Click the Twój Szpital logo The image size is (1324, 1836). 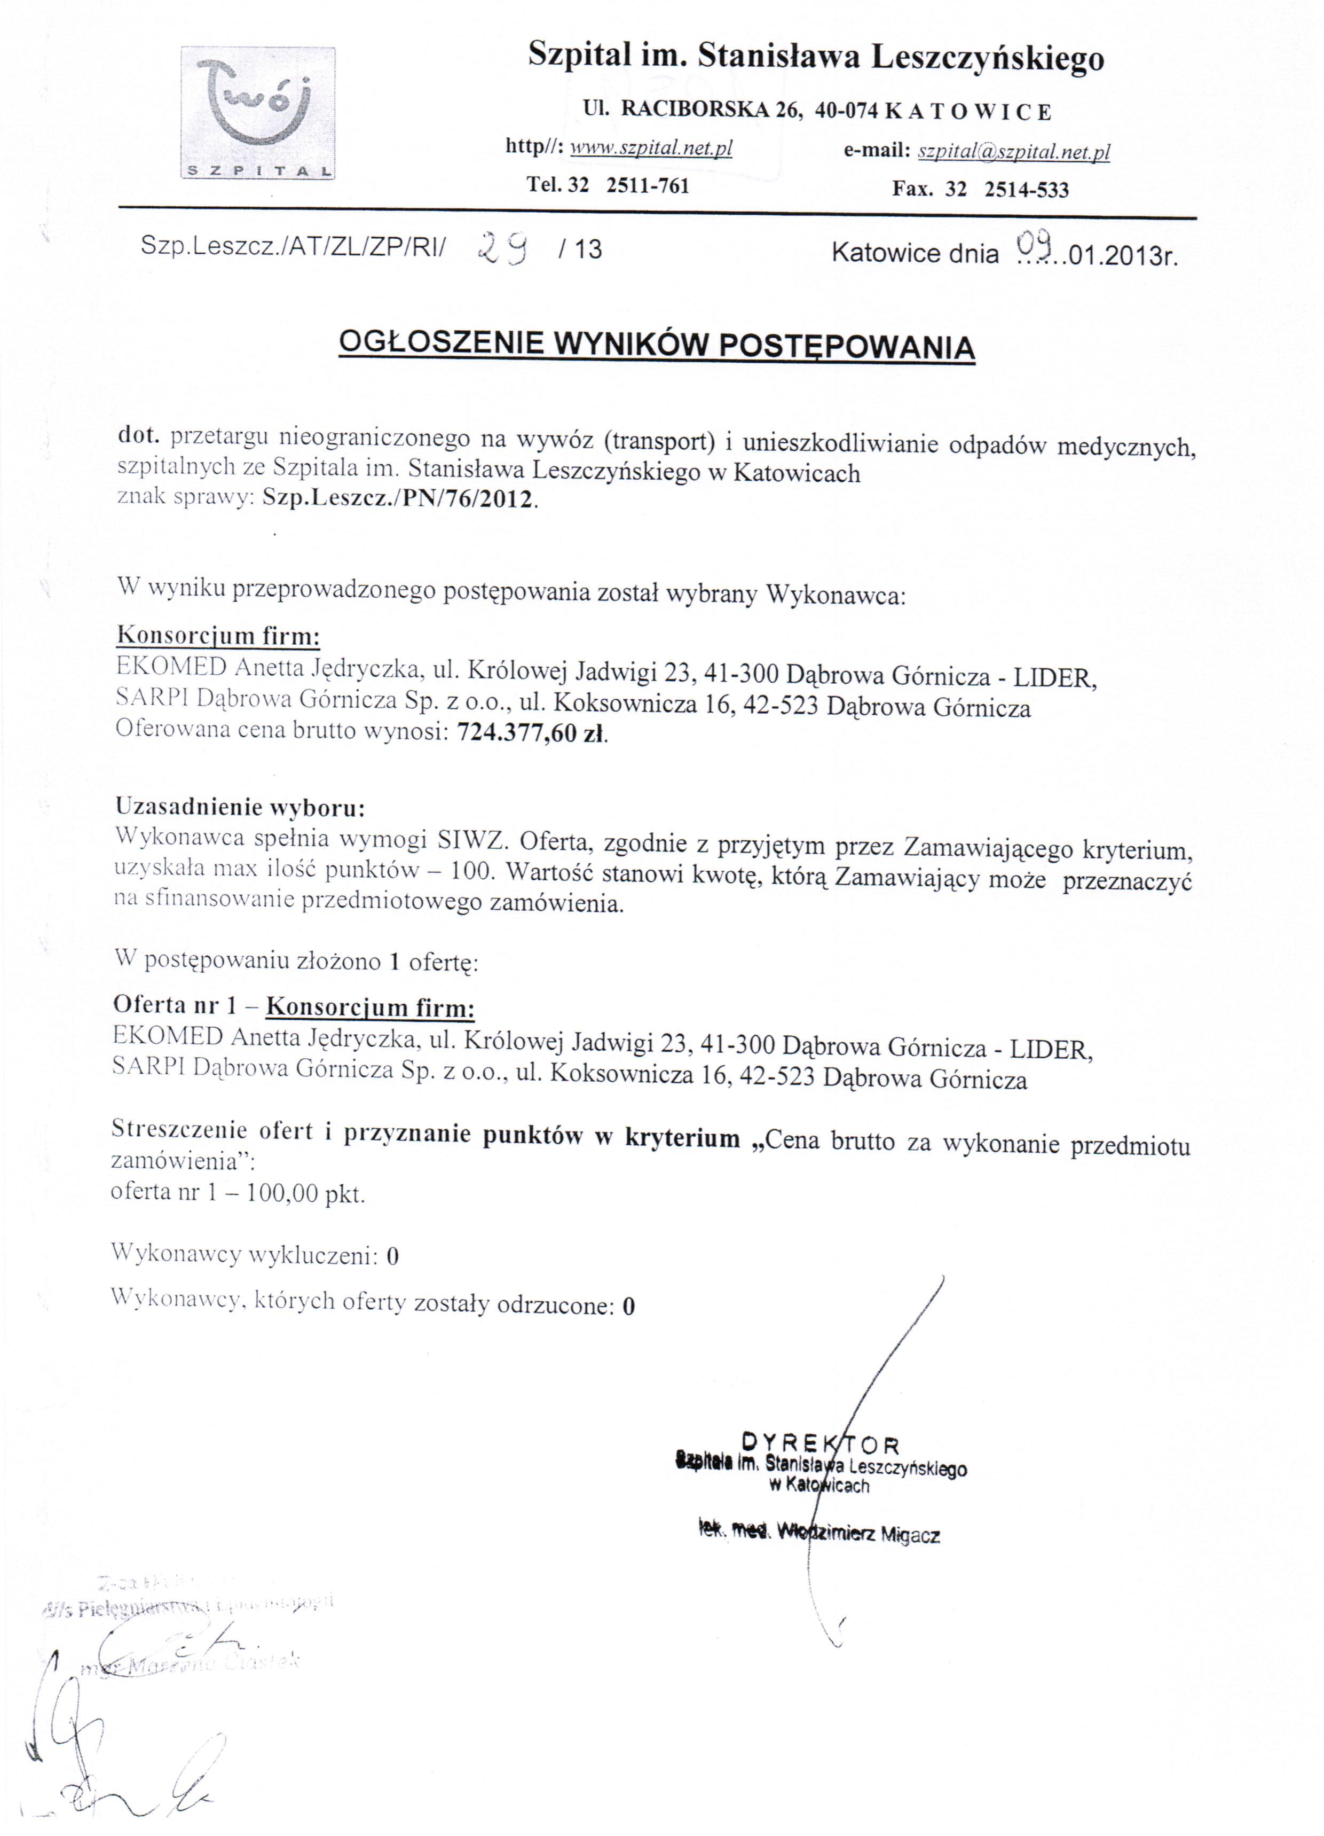click(257, 113)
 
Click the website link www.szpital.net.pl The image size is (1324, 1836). click(651, 148)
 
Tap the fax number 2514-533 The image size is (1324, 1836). click(1026, 190)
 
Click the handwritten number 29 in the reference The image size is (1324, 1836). click(502, 246)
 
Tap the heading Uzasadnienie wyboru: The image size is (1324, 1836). click(240, 806)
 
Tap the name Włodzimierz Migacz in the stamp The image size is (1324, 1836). click(858, 1533)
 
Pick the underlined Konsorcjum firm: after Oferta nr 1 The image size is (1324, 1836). click(370, 1008)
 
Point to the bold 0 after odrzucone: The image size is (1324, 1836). click(629, 1306)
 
